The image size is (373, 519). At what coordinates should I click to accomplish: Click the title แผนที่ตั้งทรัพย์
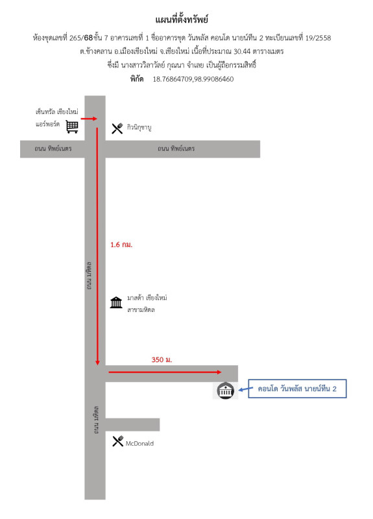(x=182, y=19)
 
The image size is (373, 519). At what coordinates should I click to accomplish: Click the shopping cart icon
(x=72, y=127)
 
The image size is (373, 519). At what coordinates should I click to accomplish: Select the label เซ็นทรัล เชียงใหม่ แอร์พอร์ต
(x=57, y=117)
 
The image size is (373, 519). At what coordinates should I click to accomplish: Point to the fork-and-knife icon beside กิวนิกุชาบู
(x=117, y=128)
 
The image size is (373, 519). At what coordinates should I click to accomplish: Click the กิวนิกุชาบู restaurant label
(x=139, y=128)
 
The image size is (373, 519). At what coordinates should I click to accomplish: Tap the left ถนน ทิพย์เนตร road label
(x=53, y=149)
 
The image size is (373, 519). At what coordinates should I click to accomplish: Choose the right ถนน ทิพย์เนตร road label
(x=176, y=149)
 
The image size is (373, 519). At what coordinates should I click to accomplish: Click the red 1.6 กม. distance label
(x=121, y=245)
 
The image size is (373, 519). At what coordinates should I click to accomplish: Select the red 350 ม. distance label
(x=162, y=359)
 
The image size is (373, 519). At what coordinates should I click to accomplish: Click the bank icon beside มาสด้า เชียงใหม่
(x=116, y=302)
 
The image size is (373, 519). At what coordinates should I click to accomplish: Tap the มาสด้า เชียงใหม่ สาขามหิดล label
(x=147, y=304)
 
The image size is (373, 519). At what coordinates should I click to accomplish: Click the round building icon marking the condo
(x=225, y=391)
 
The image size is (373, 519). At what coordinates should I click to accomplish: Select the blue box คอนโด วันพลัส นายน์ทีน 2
(x=297, y=389)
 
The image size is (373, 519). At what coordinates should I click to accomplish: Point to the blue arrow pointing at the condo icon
(x=243, y=390)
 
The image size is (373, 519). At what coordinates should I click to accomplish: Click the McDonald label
(x=139, y=443)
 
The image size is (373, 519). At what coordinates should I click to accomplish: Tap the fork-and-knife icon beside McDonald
(x=118, y=441)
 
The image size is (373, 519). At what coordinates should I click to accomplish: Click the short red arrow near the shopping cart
(x=89, y=119)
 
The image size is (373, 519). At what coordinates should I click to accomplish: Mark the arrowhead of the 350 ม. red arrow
(x=219, y=372)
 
